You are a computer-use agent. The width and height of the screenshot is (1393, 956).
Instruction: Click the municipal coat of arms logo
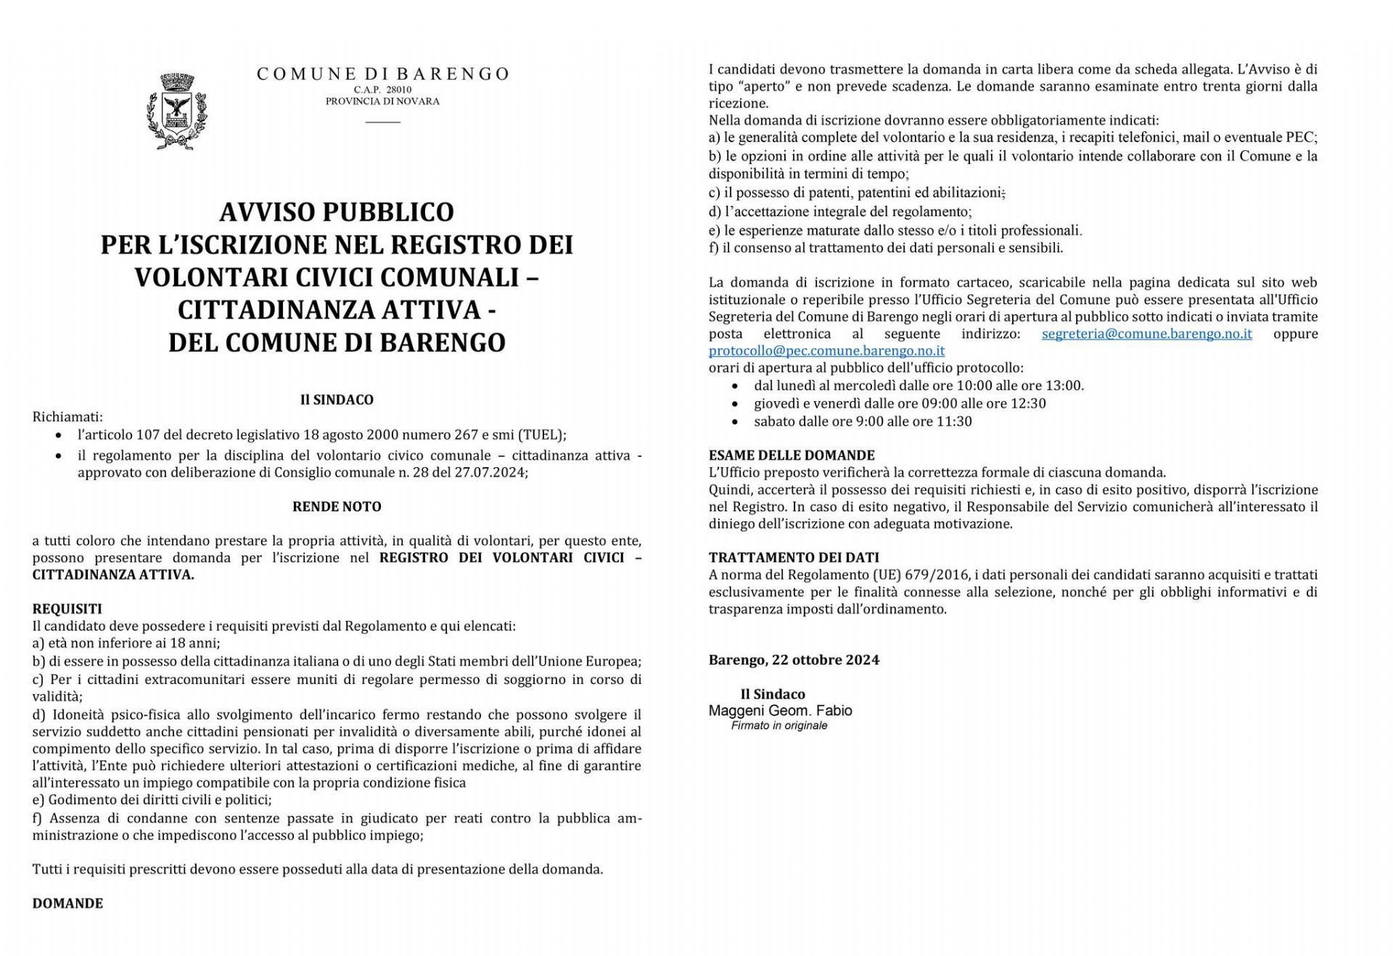pyautogui.click(x=174, y=111)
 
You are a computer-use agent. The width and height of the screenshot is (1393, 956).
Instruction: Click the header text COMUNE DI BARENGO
pyautogui.click(x=383, y=74)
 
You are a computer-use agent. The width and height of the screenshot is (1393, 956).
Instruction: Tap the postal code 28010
pyautogui.click(x=398, y=89)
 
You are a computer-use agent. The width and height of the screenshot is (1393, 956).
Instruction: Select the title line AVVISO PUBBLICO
pyautogui.click(x=337, y=212)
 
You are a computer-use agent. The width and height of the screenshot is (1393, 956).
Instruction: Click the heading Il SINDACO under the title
pyautogui.click(x=337, y=400)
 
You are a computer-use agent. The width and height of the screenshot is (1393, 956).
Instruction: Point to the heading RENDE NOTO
pyautogui.click(x=337, y=506)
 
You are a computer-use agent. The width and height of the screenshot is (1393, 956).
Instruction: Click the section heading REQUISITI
pyautogui.click(x=67, y=609)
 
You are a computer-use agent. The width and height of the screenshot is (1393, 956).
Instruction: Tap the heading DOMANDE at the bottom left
pyautogui.click(x=67, y=903)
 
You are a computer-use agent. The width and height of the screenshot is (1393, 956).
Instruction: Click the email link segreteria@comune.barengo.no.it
pyautogui.click(x=1146, y=334)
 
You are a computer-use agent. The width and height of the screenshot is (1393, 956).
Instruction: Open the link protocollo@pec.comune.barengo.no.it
pyautogui.click(x=826, y=351)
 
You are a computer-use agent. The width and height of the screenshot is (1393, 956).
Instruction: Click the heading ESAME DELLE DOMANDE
pyautogui.click(x=792, y=456)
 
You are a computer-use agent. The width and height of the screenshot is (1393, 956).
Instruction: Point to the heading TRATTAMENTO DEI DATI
pyautogui.click(x=794, y=558)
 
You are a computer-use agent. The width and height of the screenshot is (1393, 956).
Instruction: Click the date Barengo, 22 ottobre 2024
pyautogui.click(x=794, y=660)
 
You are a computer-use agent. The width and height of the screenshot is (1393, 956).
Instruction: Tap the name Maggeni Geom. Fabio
pyautogui.click(x=780, y=711)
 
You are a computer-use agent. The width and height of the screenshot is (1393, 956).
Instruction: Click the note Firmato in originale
pyautogui.click(x=778, y=725)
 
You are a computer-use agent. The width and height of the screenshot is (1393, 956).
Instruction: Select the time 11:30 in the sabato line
pyautogui.click(x=955, y=421)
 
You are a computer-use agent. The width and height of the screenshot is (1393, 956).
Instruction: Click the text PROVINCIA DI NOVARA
pyautogui.click(x=382, y=102)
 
